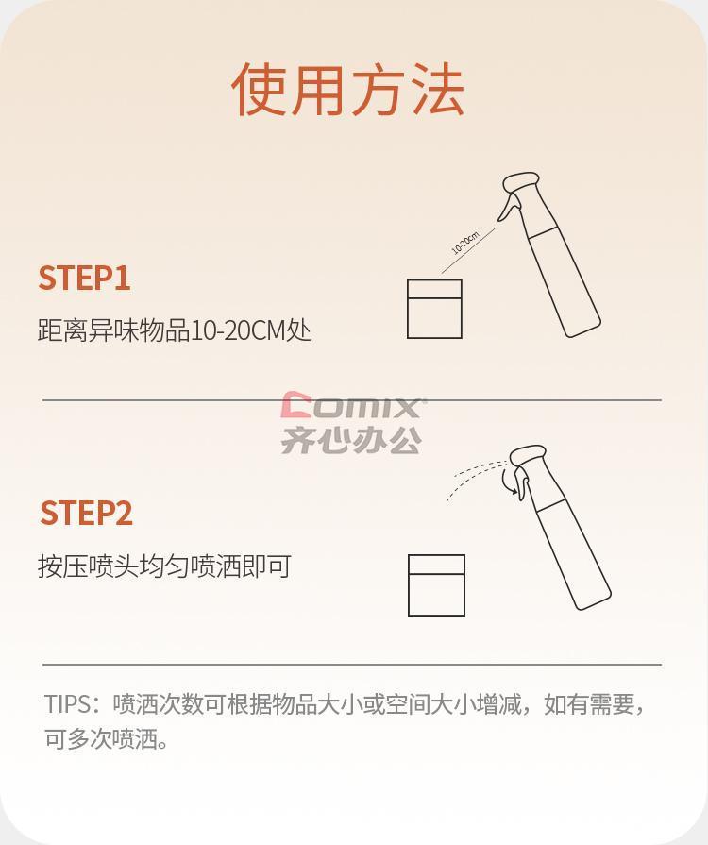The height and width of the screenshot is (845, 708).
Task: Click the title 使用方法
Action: click(348, 90)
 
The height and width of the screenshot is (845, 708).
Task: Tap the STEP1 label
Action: click(84, 279)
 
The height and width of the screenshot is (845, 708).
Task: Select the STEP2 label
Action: click(86, 513)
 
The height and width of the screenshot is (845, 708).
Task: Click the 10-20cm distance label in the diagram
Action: click(465, 243)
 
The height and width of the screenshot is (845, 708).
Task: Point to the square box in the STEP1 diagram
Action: click(434, 309)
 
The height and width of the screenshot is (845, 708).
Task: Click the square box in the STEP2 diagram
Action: click(436, 584)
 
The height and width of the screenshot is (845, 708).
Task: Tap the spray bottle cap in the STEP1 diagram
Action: click(520, 181)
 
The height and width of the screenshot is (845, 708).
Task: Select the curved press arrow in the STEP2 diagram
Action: click(507, 482)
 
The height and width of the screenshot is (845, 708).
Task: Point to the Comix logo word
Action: click(353, 405)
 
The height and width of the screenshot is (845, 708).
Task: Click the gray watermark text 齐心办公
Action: click(351, 440)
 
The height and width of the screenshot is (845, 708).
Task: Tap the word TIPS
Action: click(68, 703)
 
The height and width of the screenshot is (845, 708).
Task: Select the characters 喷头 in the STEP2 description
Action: click(113, 566)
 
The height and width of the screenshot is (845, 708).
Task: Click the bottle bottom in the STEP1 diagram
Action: click(584, 329)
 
